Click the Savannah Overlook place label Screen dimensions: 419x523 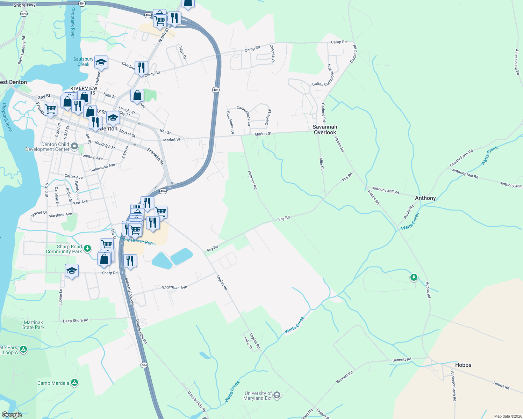point(325,130)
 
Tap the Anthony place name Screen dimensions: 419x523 point(425,198)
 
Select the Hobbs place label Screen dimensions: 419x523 point(463,365)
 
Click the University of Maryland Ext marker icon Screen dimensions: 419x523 point(277,395)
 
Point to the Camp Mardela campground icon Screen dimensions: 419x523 point(74,383)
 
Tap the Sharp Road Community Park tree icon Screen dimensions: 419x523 point(87,249)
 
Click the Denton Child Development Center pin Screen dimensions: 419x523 point(74,146)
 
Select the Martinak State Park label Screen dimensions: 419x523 point(34,325)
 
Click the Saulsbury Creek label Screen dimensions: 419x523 point(83,62)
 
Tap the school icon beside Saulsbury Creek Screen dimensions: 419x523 point(101,62)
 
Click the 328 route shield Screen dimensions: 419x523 point(24,14)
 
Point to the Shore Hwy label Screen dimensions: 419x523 point(24,5)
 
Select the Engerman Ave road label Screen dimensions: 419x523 point(174,287)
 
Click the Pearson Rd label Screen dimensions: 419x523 point(252,180)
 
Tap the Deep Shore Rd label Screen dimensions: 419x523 point(76,321)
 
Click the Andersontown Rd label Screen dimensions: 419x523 point(453,386)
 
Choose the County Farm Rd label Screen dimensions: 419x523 point(461,158)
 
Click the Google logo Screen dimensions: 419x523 point(12,414)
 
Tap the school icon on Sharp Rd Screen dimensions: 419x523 point(72,271)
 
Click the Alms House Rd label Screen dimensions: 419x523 point(517,62)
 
